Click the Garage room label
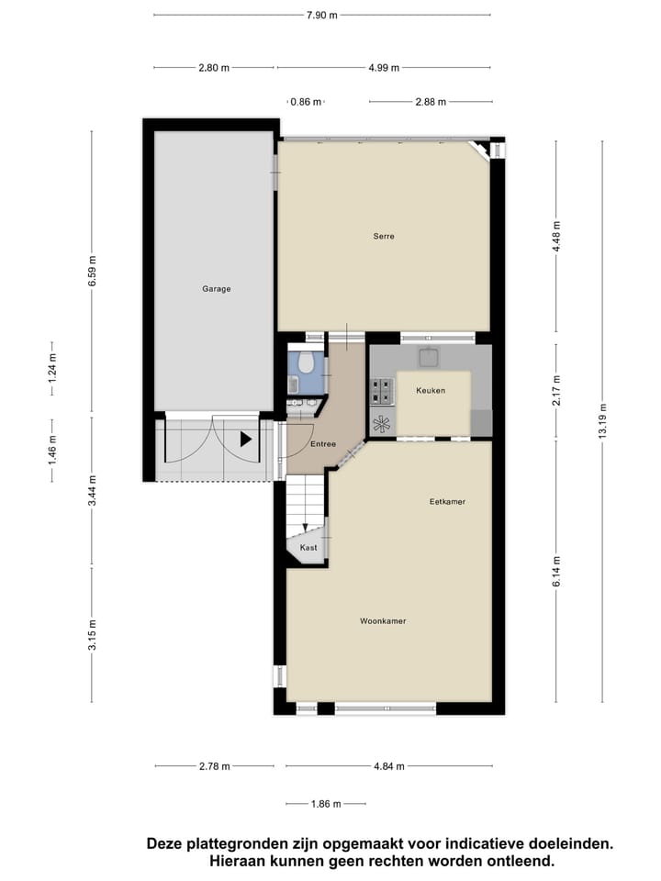tap(217, 289)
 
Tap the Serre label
tap(384, 236)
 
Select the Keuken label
tap(431, 390)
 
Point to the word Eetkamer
tap(448, 502)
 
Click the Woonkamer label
tap(383, 621)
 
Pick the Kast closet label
tap(308, 548)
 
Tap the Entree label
tap(322, 444)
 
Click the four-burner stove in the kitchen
tap(382, 392)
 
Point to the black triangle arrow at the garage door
tap(245, 440)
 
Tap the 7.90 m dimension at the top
tap(321, 15)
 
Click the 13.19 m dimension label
tap(603, 421)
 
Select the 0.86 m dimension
tap(306, 102)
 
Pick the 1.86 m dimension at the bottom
tap(325, 804)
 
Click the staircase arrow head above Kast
tap(306, 528)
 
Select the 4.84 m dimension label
tap(389, 766)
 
